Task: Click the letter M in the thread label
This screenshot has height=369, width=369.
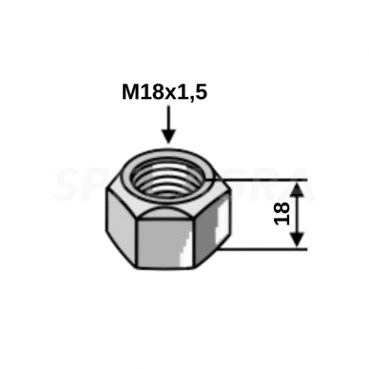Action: pos(130,93)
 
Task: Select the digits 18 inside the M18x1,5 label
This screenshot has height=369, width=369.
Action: pos(150,93)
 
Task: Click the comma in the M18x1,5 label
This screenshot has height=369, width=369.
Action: pos(190,99)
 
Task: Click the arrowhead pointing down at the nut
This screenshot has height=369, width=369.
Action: pos(168,136)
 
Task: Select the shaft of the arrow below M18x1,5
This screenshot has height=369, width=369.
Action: pos(168,118)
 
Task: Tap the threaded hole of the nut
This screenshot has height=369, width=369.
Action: pos(168,182)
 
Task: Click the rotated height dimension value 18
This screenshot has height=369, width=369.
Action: pos(282,214)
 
